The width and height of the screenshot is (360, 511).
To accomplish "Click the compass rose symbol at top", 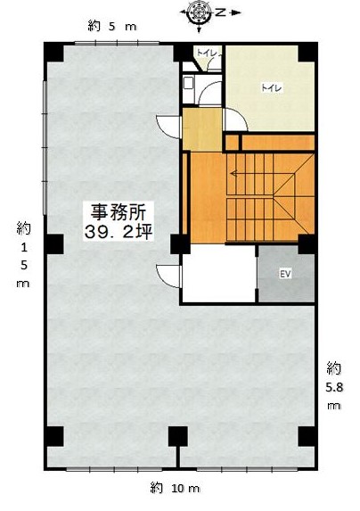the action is (x=199, y=12).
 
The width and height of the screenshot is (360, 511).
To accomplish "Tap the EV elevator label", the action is (x=285, y=274).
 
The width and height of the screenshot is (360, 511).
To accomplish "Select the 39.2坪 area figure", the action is (x=119, y=232).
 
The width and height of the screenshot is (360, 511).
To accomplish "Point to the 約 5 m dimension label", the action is (x=112, y=26).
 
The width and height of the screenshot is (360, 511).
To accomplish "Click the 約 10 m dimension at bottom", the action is (x=175, y=488).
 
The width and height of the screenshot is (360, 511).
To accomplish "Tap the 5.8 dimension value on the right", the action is (x=334, y=388).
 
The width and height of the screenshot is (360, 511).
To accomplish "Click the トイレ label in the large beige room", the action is (x=272, y=87).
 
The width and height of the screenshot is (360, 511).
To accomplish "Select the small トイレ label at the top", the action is (x=207, y=54).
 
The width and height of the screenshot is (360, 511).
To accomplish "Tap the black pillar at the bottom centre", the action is (x=178, y=436).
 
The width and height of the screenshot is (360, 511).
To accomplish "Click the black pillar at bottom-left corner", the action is (x=53, y=436).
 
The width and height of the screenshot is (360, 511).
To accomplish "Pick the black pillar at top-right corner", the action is (x=307, y=52).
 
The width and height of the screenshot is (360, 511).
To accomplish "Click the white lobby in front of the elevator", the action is (x=218, y=274).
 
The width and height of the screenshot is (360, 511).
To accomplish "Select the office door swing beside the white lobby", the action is (x=168, y=276).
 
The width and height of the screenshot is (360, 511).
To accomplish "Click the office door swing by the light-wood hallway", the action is (x=168, y=127).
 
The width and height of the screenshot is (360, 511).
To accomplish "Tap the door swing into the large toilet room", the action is (x=235, y=120).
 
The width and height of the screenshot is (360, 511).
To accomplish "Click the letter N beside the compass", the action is (x=221, y=12).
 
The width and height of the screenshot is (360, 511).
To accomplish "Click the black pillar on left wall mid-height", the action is (x=53, y=244).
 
